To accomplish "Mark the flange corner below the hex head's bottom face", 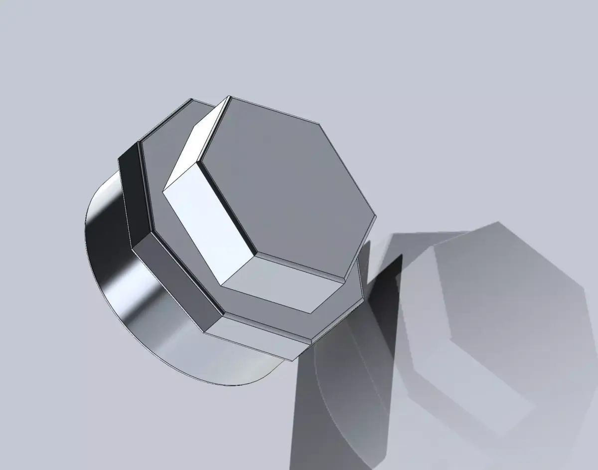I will (311, 341).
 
